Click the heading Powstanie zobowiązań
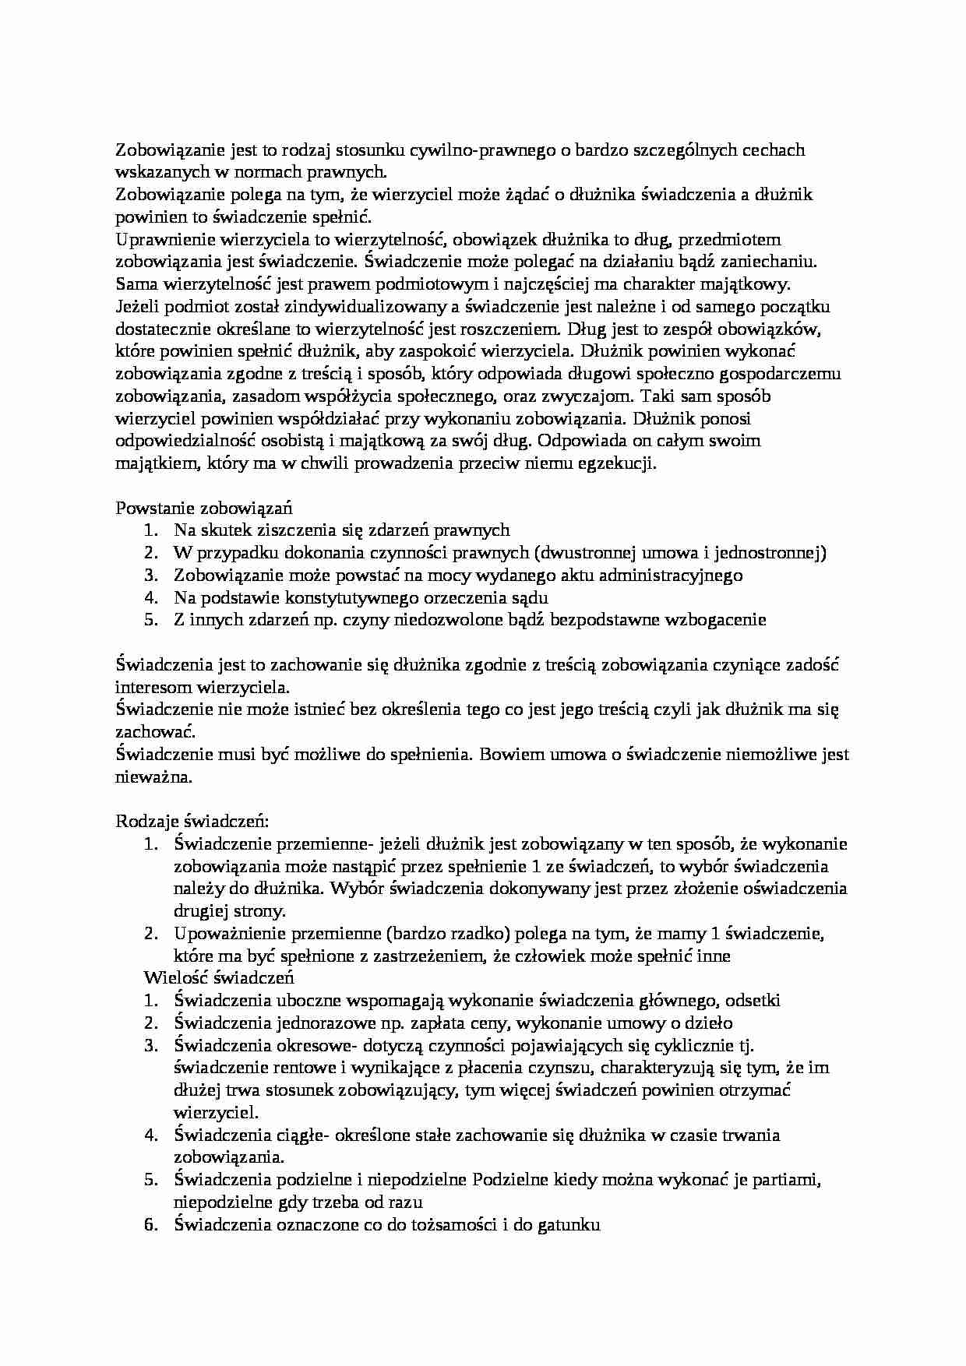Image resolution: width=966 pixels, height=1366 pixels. (204, 508)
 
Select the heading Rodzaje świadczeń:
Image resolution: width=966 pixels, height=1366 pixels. (192, 821)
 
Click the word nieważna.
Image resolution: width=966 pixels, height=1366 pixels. (153, 776)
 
